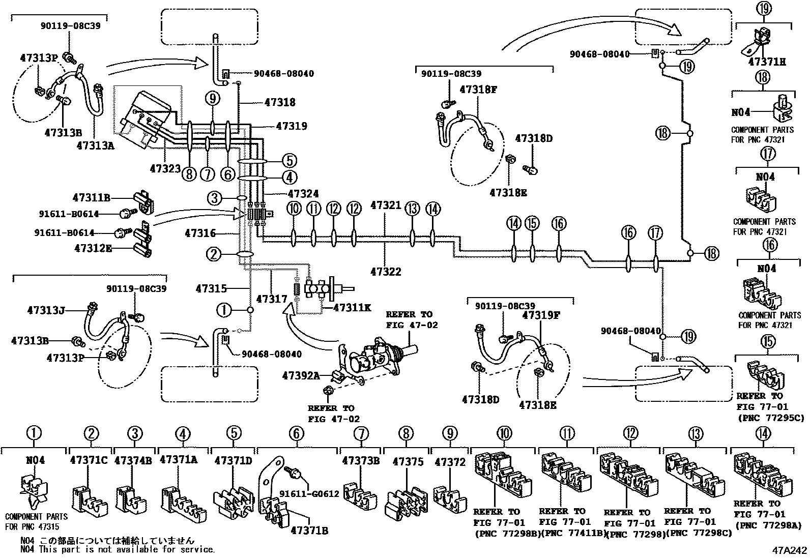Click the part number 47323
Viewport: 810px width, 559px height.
tap(165, 168)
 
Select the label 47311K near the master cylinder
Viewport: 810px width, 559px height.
tap(353, 307)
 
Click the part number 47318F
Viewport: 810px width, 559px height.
tap(478, 90)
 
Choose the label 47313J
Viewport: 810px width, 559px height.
tap(46, 310)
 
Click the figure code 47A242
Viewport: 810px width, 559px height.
tap(788, 550)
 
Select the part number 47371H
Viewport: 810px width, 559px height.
tap(767, 62)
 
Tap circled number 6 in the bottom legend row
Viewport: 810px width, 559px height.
tap(297, 434)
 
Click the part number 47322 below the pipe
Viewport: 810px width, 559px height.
tap(386, 272)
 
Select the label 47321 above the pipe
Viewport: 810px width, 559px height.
tap(386, 205)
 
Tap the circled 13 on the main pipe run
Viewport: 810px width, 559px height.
tap(413, 208)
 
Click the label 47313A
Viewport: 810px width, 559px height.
tap(96, 145)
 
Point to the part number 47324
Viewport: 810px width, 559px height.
tap(303, 194)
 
